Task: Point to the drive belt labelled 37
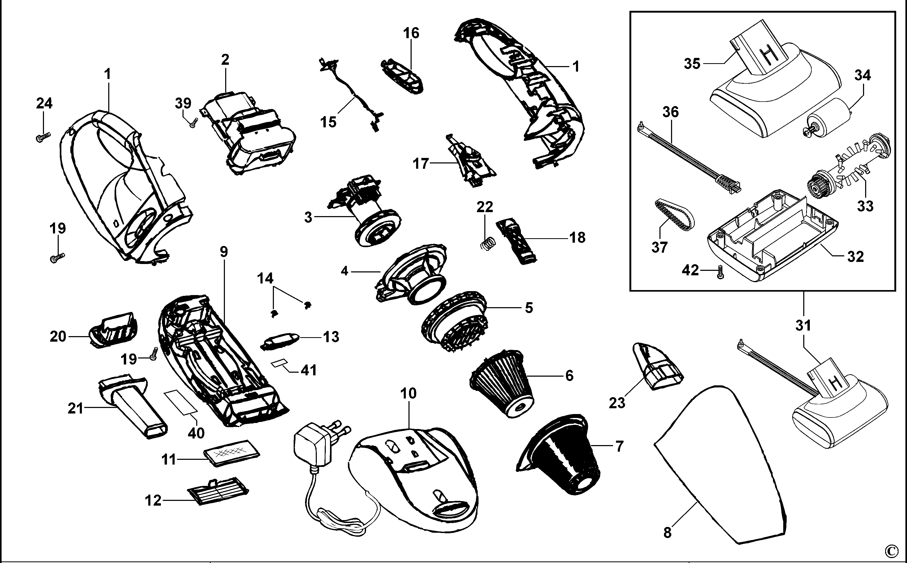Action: [673, 216]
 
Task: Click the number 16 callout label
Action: [411, 33]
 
